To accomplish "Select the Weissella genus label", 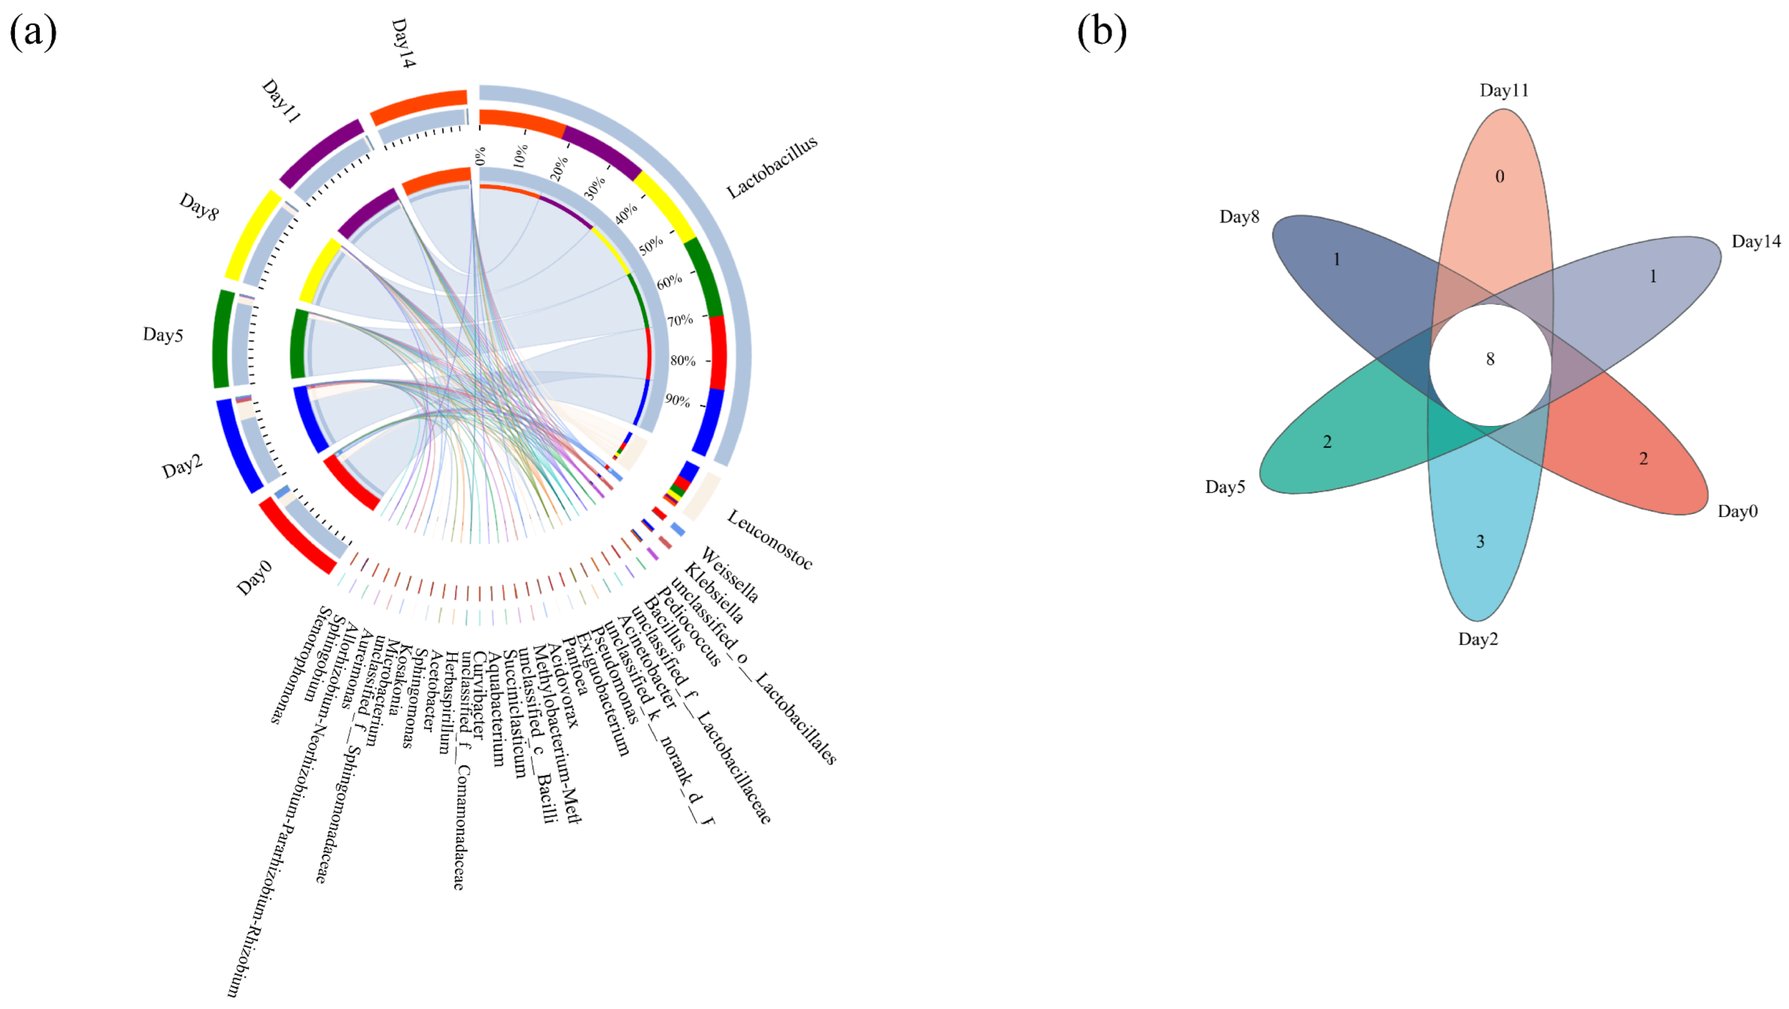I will pos(730,574).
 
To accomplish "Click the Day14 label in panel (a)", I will pos(403,43).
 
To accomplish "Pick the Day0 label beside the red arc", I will pos(254,578).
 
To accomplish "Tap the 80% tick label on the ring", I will pos(682,360).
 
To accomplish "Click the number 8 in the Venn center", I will pos(1489,359).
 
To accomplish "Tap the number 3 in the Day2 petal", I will pos(1480,542).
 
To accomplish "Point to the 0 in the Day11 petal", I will pos(1499,177).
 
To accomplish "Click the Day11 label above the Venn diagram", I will pos(1504,90).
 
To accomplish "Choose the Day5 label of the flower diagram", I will pos(1225,487).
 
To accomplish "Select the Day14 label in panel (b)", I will pos(1756,241).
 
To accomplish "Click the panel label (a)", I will pos(32,32).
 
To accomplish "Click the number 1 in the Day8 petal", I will pos(1336,260).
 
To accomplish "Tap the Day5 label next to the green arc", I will pos(162,335).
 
